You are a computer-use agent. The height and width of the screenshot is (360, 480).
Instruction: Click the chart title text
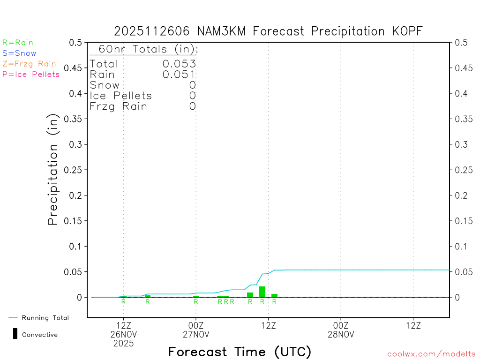[x=269, y=31]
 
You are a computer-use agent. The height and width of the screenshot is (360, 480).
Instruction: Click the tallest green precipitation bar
[x=262, y=292]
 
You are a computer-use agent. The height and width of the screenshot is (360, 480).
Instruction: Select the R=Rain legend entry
[x=18, y=43]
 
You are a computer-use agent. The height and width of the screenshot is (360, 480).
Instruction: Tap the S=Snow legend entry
[x=19, y=53]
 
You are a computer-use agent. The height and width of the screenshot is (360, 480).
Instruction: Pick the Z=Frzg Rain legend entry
[x=29, y=64]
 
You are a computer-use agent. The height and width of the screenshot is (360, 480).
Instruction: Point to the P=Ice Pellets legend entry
[x=31, y=74]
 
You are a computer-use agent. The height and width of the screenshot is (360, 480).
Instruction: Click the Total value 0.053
[x=179, y=64]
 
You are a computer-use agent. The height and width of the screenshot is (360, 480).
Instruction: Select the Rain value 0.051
[x=179, y=74]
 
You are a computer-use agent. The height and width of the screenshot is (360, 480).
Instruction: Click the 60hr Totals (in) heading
[x=144, y=49]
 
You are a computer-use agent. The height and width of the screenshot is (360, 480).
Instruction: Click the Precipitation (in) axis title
[x=53, y=170]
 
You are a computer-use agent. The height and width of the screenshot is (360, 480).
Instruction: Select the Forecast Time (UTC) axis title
[x=240, y=352]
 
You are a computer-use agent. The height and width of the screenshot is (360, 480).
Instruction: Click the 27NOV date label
[x=196, y=334]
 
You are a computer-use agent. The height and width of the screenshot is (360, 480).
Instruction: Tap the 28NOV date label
[x=341, y=334]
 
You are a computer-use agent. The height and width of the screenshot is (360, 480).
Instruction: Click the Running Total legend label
[x=45, y=318]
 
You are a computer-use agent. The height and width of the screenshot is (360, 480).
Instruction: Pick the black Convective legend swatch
[x=15, y=334]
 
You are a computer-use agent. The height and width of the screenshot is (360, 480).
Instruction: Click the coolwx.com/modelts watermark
[x=431, y=354]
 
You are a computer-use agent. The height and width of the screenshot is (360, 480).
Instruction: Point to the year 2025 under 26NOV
[x=123, y=343]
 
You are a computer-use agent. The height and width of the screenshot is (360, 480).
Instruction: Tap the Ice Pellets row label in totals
[x=121, y=96]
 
